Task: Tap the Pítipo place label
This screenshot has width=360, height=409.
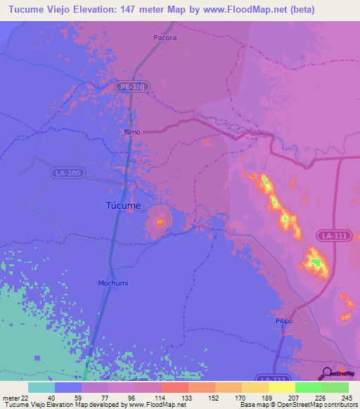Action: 283,321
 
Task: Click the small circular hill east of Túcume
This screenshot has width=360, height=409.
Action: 160,223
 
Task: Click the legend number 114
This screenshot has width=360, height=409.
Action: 161,398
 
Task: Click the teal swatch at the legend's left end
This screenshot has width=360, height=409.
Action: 41,387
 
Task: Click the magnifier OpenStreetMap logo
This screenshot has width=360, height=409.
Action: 328,372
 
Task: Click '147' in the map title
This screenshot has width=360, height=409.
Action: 131,9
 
